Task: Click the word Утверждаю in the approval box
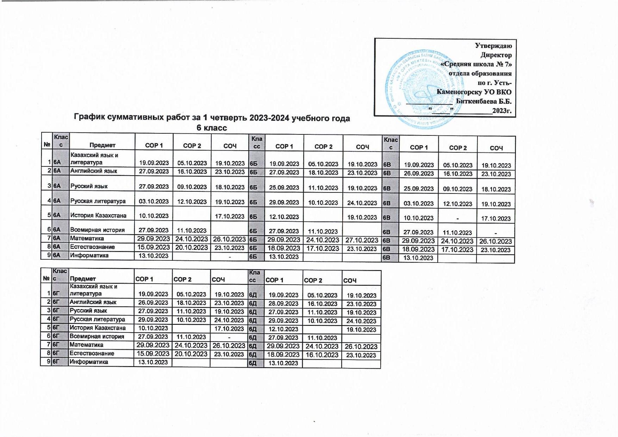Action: [x=493, y=46]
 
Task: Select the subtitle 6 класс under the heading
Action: [x=211, y=128]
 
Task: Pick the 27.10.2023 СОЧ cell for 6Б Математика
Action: [x=362, y=240]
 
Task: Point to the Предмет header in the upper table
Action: [x=102, y=145]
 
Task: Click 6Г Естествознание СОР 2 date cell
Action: [x=191, y=354]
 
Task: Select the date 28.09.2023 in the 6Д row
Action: [x=283, y=304]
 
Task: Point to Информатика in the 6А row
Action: [x=89, y=255]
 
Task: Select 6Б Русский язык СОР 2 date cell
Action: [x=323, y=188]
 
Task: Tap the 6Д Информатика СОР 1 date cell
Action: [x=283, y=363]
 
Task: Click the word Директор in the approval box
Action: [x=496, y=55]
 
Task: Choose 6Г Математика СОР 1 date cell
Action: [x=153, y=345]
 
